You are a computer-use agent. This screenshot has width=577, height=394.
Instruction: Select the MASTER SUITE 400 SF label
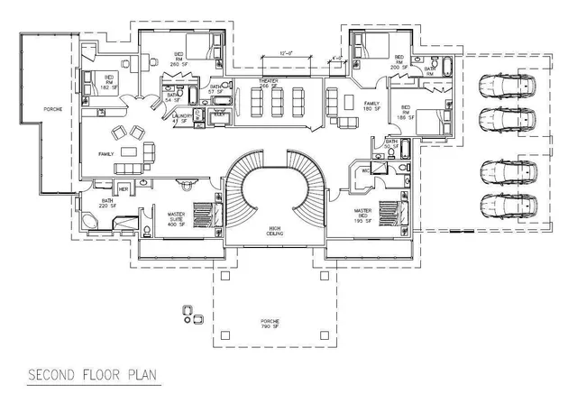[177, 218]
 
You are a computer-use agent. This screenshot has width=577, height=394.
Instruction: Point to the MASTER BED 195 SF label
[365, 214]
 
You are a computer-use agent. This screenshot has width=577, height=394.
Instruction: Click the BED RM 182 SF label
[108, 83]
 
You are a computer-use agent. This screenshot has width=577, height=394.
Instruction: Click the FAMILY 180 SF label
[371, 107]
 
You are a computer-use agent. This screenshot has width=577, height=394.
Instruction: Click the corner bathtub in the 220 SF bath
[91, 223]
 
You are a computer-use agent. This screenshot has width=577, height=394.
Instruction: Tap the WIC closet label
[366, 170]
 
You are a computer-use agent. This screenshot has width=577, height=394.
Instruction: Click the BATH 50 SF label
[391, 143]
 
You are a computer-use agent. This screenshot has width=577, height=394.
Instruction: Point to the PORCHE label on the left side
[31, 109]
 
